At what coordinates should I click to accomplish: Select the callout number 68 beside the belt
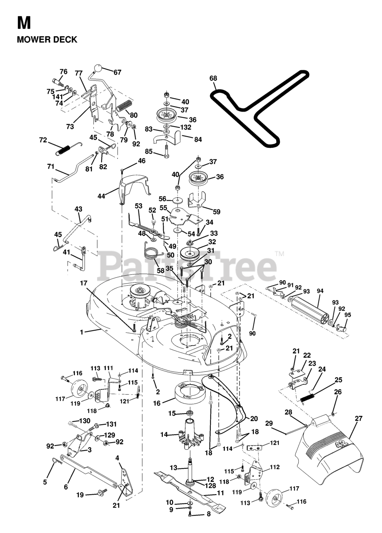coord(213,78)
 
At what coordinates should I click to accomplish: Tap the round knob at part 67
coord(97,67)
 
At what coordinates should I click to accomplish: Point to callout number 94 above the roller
coord(320,291)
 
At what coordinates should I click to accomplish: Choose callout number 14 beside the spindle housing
coord(164,435)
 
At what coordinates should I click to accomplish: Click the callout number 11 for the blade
coord(220,493)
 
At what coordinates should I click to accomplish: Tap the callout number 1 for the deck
coord(82,332)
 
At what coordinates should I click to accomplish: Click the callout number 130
coord(73,421)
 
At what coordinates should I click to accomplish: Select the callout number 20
coord(254,418)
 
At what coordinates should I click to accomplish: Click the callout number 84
coord(197,139)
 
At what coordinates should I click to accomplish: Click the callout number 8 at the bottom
coord(208,514)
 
